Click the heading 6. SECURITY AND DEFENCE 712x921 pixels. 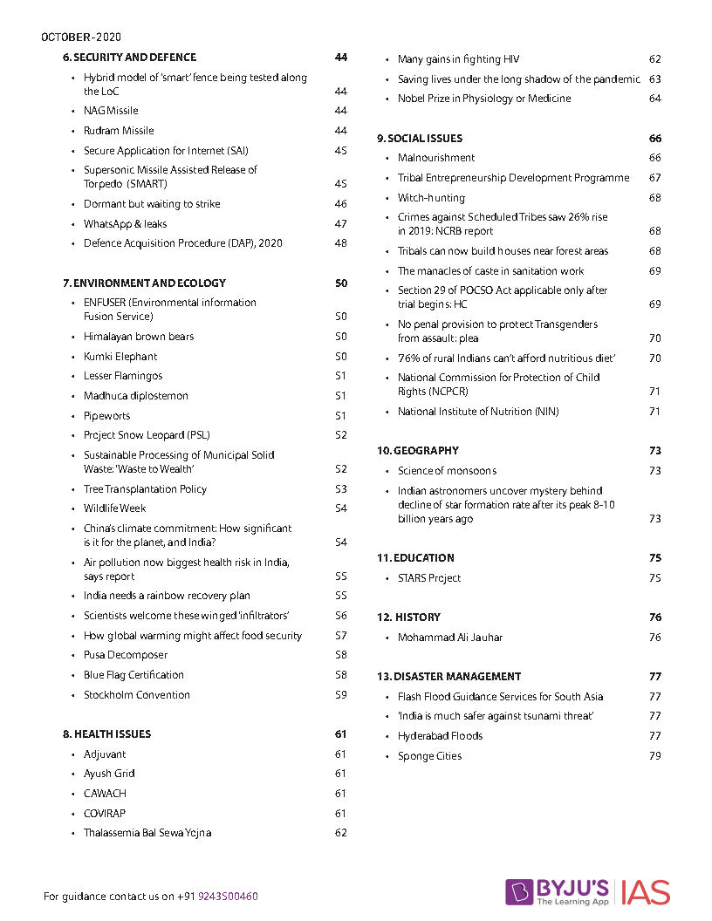[x=129, y=58]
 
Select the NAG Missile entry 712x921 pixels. [x=111, y=111]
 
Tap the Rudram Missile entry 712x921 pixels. [x=119, y=131]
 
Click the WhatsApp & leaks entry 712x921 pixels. [x=125, y=224]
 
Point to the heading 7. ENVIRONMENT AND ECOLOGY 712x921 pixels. [x=144, y=283]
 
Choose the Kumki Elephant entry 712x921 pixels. [x=120, y=357]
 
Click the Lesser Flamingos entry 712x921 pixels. [x=123, y=376]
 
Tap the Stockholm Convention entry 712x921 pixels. [x=136, y=695]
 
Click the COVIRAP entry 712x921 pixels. [x=105, y=814]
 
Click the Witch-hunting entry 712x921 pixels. [x=431, y=198]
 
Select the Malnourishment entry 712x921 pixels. [x=436, y=158]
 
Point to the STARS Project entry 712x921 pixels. [x=429, y=578]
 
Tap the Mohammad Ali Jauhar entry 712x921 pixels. [x=450, y=638]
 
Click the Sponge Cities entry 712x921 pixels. [x=429, y=756]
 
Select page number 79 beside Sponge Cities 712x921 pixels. [x=655, y=756]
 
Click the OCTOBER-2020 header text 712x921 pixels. [x=81, y=38]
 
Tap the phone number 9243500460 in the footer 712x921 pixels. [x=228, y=897]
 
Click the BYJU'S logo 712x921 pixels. [x=558, y=891]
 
